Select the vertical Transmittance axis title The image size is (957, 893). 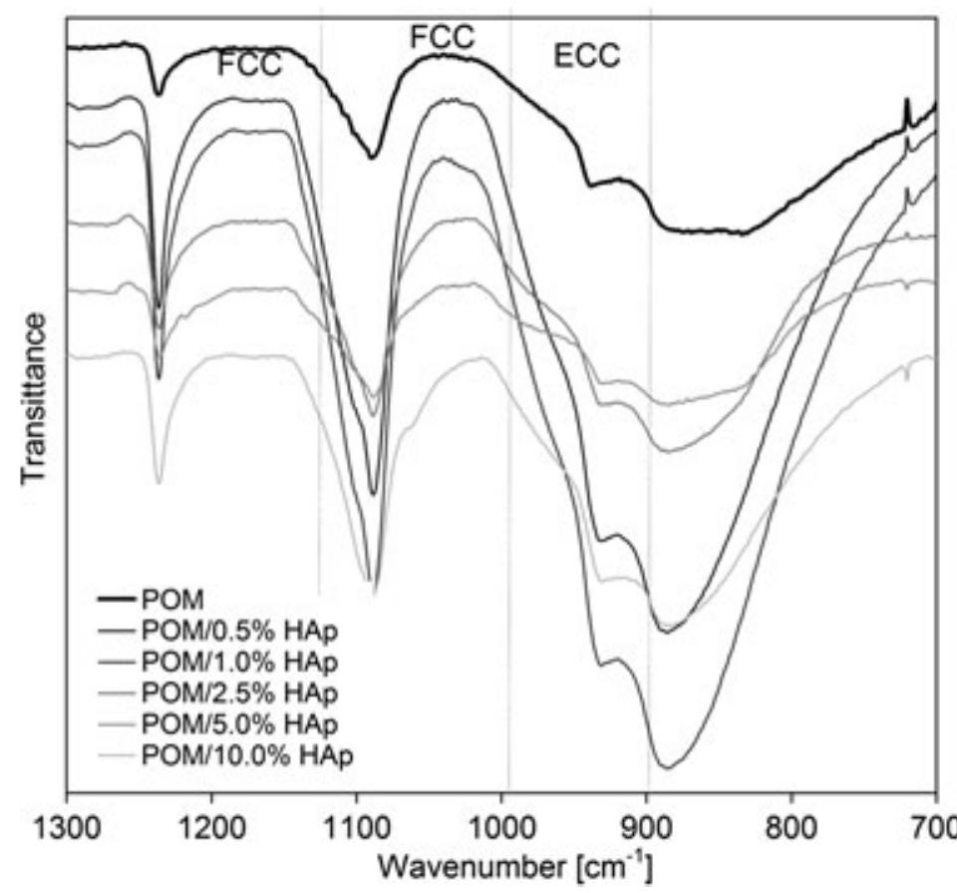33,399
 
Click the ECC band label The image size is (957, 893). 586,56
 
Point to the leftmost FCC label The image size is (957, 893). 250,66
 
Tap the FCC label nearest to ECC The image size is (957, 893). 442,38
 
